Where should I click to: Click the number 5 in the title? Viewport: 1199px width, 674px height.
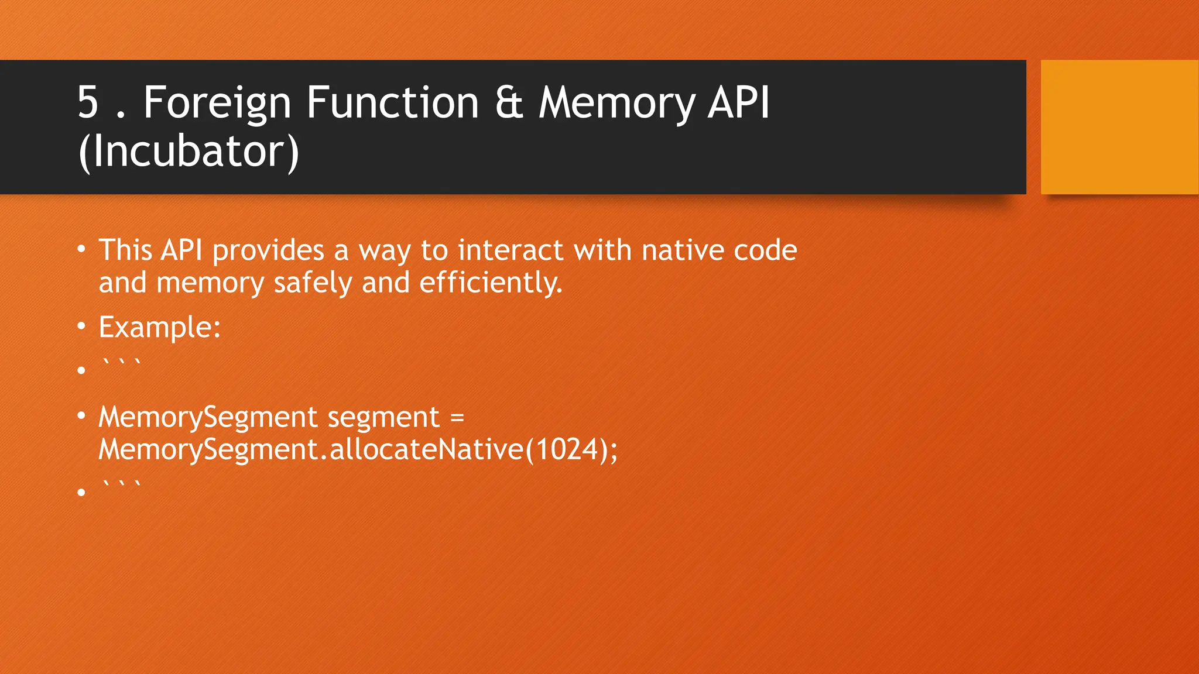click(x=88, y=103)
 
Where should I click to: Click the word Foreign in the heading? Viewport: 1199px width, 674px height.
click(x=217, y=103)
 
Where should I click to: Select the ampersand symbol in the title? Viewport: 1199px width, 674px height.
click(x=508, y=103)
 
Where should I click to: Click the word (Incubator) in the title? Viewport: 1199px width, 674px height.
click(x=189, y=152)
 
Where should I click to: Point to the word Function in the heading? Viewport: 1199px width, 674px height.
click(x=392, y=103)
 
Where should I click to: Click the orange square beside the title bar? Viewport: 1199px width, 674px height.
click(x=1119, y=127)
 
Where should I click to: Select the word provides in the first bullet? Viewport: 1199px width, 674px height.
click(x=268, y=251)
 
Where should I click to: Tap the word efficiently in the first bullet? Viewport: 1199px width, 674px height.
click(x=491, y=283)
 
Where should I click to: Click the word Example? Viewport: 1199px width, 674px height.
click(x=159, y=327)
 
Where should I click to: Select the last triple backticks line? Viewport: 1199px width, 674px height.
click(x=121, y=486)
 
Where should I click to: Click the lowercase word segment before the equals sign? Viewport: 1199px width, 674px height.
click(x=383, y=418)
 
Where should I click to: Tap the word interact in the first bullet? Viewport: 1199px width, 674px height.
click(x=510, y=251)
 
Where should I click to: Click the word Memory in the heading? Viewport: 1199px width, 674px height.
click(x=616, y=103)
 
